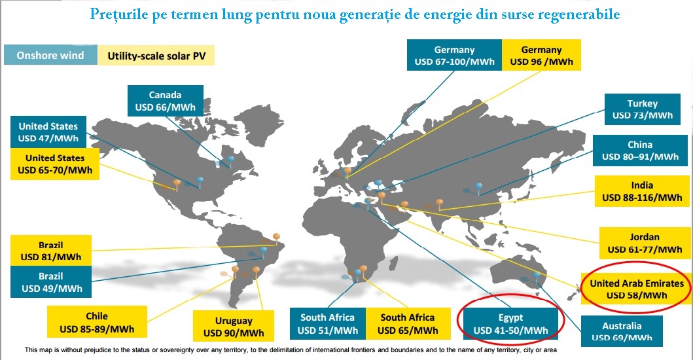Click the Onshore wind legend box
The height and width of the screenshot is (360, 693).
(x=50, y=55)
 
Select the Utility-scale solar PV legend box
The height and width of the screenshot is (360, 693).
(x=156, y=56)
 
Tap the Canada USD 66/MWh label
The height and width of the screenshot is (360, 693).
(x=166, y=101)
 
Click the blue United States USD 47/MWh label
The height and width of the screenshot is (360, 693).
(x=48, y=132)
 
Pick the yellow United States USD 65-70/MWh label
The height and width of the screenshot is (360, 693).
(x=55, y=164)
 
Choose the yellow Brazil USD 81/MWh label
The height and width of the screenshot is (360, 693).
(x=51, y=251)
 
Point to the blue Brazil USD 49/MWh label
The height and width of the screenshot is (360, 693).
(x=51, y=281)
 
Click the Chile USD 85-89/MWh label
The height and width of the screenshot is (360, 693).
(x=97, y=322)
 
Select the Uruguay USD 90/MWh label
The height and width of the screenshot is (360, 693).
(x=234, y=327)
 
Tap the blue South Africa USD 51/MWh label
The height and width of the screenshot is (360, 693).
(x=327, y=324)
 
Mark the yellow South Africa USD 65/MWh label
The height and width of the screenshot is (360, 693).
(x=408, y=324)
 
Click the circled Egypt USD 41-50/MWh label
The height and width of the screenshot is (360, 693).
(x=510, y=324)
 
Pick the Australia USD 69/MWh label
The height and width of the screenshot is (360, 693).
(x=622, y=331)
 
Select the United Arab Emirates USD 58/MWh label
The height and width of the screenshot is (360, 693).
(x=637, y=289)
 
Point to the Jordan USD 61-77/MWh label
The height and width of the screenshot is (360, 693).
(x=645, y=243)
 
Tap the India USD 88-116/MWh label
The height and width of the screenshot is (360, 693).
(x=642, y=191)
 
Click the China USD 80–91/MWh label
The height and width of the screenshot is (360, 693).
(x=640, y=151)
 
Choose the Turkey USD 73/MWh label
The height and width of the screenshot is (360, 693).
(x=642, y=109)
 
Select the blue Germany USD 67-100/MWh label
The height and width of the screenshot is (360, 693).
(x=454, y=55)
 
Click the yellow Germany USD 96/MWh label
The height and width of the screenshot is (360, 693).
(x=541, y=55)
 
